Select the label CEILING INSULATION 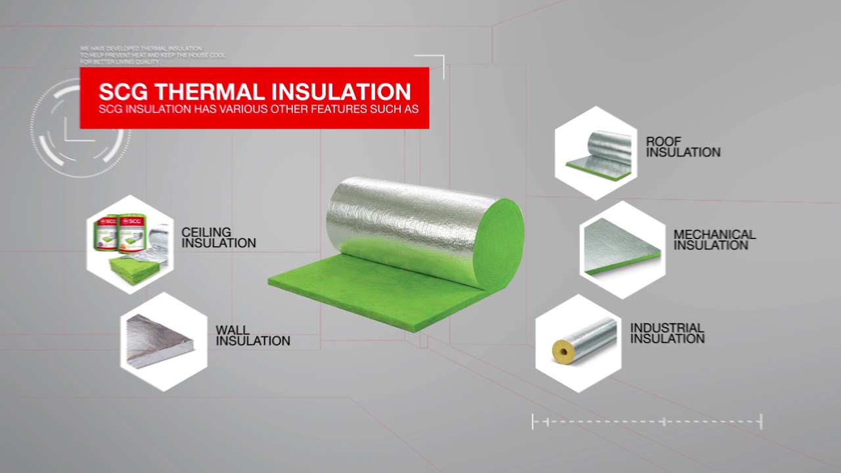[x=218, y=238]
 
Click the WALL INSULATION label [x=252, y=335]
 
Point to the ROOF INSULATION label [x=683, y=146]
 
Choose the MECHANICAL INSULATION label [x=714, y=240]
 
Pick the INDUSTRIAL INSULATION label [x=667, y=333]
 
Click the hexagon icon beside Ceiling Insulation [x=130, y=244]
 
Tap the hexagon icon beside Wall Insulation [x=164, y=342]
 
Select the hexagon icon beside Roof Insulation [x=596, y=153]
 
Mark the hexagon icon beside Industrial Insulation [x=578, y=343]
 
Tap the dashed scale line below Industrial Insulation [x=647, y=422]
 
